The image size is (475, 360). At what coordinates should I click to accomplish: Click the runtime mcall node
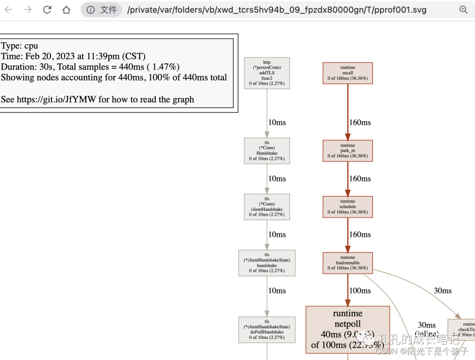(x=347, y=73)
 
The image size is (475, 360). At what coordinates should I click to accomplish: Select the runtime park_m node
(x=347, y=151)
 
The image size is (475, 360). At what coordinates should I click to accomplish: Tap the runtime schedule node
(x=347, y=207)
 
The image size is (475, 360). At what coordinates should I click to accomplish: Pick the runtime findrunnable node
(x=347, y=263)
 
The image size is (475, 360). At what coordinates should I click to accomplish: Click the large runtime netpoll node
(x=347, y=330)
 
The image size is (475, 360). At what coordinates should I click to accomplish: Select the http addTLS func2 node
(x=267, y=73)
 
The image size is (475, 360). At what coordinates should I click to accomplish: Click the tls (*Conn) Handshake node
(x=267, y=151)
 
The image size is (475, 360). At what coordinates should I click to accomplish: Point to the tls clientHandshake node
(x=267, y=207)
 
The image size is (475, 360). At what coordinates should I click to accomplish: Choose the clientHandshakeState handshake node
(x=267, y=263)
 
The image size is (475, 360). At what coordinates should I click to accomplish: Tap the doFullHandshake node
(x=267, y=330)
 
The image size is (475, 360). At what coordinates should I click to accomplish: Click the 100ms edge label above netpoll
(x=360, y=290)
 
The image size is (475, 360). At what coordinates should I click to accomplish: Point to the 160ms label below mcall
(x=360, y=122)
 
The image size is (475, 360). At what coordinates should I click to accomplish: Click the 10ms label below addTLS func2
(x=277, y=122)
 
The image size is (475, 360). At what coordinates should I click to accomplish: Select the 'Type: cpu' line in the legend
(x=19, y=46)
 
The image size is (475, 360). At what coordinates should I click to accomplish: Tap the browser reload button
(x=47, y=10)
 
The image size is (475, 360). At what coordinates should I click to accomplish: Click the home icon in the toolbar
(x=66, y=10)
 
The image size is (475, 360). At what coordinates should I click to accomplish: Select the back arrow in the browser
(x=9, y=10)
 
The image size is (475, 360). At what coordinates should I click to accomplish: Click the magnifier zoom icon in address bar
(x=463, y=10)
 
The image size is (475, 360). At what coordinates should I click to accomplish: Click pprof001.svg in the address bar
(x=398, y=10)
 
